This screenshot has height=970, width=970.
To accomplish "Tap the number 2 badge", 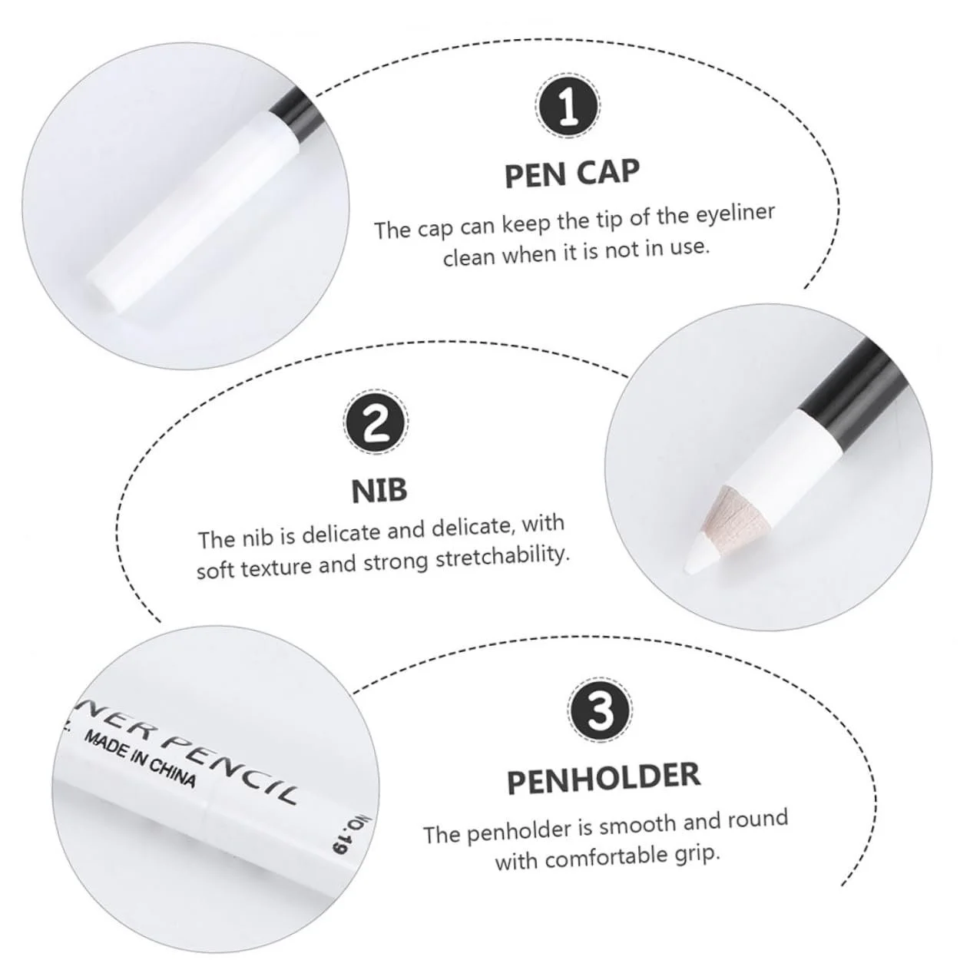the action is tap(376, 422).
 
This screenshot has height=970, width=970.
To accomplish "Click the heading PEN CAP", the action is tap(572, 173).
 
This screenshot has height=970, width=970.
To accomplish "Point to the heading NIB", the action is tap(379, 491).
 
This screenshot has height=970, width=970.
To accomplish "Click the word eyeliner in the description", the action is tap(735, 214).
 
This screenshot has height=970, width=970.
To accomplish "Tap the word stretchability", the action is tap(503, 557).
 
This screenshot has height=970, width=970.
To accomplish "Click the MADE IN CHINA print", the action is tap(140, 759).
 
